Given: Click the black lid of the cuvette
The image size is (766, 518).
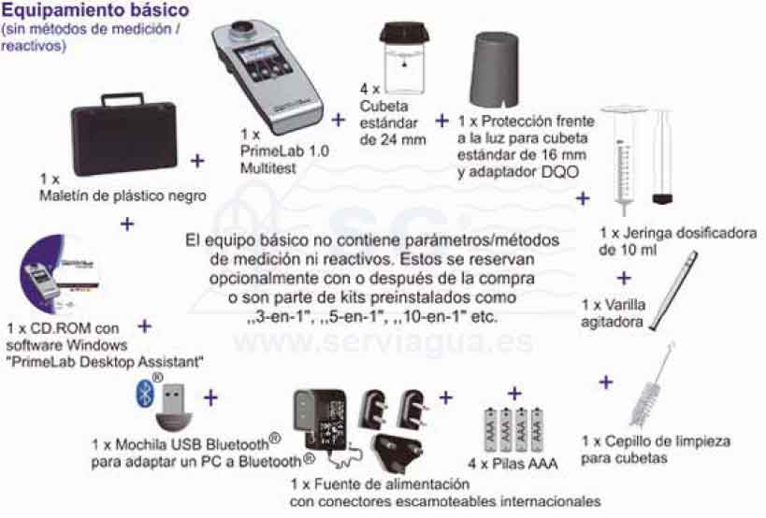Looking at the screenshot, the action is click(405, 35).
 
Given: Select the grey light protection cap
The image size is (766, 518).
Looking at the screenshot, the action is click(495, 70).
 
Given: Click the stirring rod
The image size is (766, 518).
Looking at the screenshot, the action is click(674, 291).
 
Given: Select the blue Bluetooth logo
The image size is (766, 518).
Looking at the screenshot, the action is click(145, 395).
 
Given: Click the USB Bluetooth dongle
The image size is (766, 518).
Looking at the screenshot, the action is click(174, 408).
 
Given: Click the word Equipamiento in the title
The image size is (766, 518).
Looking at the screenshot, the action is click(59, 10).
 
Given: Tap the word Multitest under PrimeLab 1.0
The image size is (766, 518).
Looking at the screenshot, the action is click(267, 168).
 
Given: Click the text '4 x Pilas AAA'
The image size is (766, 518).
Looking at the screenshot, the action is click(513, 464).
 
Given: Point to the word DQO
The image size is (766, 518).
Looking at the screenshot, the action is click(560, 172).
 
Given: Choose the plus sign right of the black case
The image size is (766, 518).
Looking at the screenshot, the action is click(197, 161).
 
